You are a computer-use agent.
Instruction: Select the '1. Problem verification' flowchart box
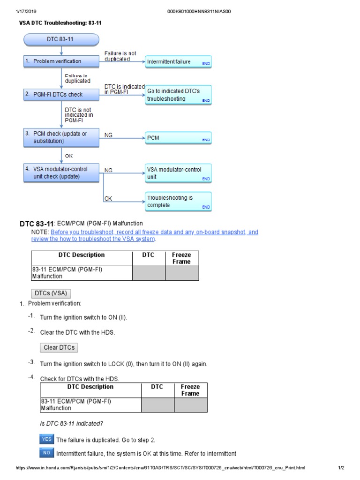point(61,61)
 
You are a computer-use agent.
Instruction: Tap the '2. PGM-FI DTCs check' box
point(61,95)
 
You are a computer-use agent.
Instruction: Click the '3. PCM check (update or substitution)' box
point(61,137)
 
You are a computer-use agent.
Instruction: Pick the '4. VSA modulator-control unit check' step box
point(61,172)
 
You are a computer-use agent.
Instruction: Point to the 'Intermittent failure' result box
point(179,62)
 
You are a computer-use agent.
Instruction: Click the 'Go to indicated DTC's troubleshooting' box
point(179,95)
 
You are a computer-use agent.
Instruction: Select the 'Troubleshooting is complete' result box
point(179,202)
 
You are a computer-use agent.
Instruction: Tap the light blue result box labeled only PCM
point(179,139)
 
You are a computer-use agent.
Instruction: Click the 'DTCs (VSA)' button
point(51,293)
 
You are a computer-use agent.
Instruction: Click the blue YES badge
point(47,440)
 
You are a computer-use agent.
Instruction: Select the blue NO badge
point(47,453)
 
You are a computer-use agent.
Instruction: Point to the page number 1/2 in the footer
point(341,468)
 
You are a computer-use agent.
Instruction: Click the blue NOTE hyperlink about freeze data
point(154,235)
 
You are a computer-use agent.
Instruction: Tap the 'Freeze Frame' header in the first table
point(181,258)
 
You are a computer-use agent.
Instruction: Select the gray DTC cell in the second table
point(157,405)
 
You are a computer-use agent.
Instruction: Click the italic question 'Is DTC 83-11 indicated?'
point(71,424)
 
